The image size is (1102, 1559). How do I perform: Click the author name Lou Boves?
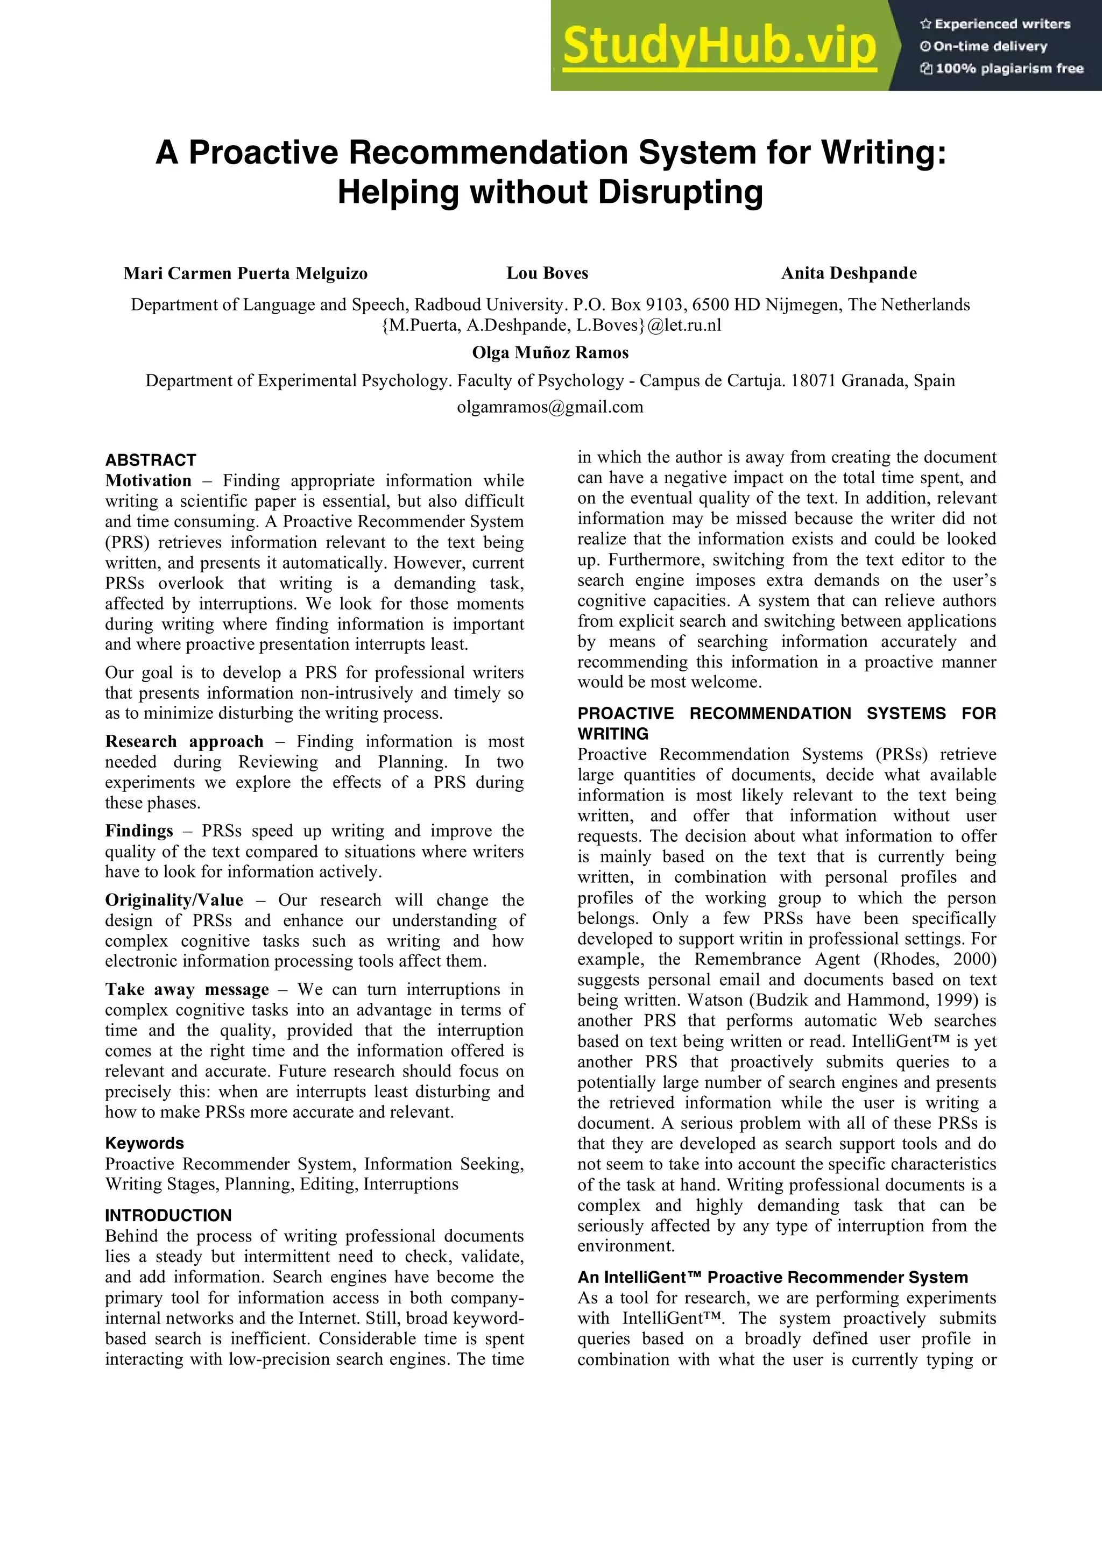pyautogui.click(x=547, y=274)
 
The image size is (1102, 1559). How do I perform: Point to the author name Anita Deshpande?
pyautogui.click(x=849, y=274)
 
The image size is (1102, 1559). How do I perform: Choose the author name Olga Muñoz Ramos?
pyautogui.click(x=550, y=353)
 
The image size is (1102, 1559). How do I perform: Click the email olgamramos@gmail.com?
pyautogui.click(x=550, y=407)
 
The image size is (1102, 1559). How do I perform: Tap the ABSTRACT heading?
pyautogui.click(x=151, y=460)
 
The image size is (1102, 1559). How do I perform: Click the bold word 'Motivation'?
pyautogui.click(x=149, y=481)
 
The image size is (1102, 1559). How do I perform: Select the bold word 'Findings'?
pyautogui.click(x=139, y=831)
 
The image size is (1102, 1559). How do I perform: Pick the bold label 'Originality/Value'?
pyautogui.click(x=174, y=901)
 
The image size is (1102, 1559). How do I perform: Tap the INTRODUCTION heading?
pyautogui.click(x=168, y=1215)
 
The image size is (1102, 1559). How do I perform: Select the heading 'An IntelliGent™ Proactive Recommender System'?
pyautogui.click(x=773, y=1278)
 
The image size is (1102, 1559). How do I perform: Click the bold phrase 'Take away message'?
pyautogui.click(x=187, y=990)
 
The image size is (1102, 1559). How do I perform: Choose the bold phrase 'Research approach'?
pyautogui.click(x=184, y=741)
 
